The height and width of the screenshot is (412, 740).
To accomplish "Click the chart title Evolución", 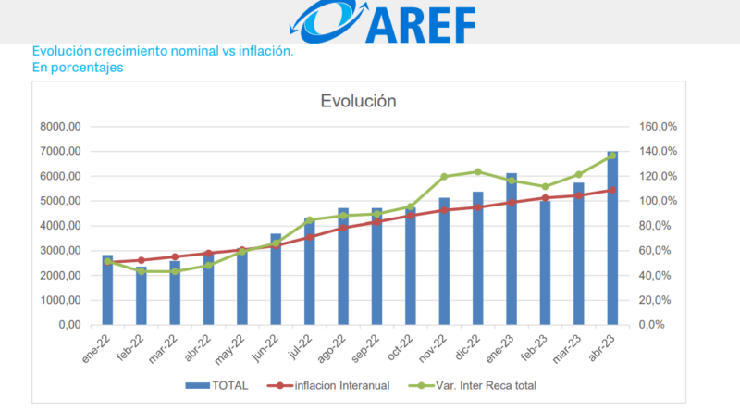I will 358,101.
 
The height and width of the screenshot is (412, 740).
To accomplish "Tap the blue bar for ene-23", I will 512,249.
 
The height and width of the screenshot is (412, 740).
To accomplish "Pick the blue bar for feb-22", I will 142,295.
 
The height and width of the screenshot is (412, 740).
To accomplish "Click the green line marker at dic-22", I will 478,171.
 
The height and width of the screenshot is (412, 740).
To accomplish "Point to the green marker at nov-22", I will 444,177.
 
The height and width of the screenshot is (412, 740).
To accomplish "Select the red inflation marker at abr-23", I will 612,190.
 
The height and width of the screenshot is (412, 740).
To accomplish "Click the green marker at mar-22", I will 175,271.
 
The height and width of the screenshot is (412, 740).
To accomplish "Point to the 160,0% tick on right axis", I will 660,127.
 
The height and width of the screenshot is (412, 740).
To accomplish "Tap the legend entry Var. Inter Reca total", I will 485,385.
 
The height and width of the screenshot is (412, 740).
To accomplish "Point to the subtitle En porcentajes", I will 78,68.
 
